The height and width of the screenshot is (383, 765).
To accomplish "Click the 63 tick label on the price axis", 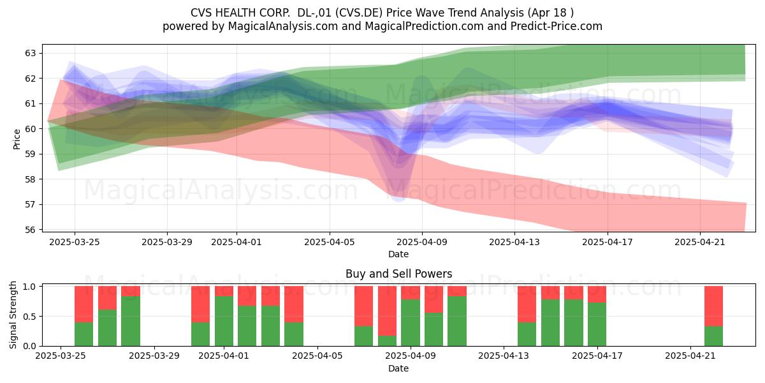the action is click(x=30, y=53).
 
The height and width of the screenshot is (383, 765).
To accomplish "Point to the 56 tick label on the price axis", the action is click(x=30, y=230).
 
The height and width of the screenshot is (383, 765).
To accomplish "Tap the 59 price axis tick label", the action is click(x=30, y=154).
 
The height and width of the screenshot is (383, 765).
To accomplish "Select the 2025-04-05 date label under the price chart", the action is click(x=330, y=242).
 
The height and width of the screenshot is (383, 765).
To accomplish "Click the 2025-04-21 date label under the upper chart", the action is click(x=700, y=242).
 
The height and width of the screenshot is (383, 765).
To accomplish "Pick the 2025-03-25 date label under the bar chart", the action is click(x=61, y=356).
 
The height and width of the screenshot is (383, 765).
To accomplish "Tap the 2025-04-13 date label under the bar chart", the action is click(x=504, y=356).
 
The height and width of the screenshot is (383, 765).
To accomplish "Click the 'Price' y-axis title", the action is click(x=17, y=139).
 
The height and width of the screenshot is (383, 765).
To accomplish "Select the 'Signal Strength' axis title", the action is click(x=13, y=315).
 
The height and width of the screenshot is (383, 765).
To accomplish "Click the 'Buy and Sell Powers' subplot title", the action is click(x=398, y=274).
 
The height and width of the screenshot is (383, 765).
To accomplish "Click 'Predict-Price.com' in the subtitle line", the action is click(x=557, y=26).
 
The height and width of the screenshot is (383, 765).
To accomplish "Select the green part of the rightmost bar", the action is click(x=713, y=336).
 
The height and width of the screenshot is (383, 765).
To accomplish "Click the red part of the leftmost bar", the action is click(x=84, y=304).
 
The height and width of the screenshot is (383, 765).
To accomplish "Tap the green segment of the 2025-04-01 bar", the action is click(x=224, y=321).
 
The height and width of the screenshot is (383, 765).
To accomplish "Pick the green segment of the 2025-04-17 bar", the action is click(x=597, y=324).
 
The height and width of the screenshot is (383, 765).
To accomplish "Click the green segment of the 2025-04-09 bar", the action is click(x=411, y=323).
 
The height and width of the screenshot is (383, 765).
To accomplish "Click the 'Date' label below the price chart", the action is click(x=398, y=254).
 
